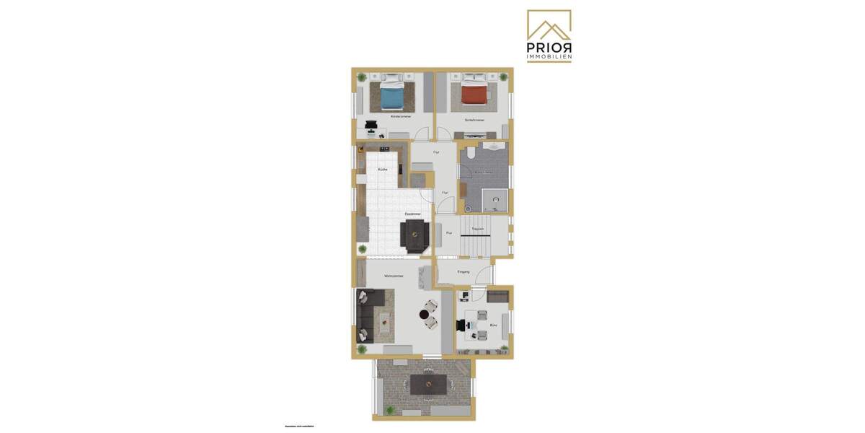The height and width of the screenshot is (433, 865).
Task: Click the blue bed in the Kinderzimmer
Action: (392, 95)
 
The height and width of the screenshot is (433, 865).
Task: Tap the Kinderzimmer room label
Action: (401, 116)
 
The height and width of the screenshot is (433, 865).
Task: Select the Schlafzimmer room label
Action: (474, 120)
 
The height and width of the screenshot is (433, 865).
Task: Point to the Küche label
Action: (382, 169)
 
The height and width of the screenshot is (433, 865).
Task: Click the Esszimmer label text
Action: (412, 214)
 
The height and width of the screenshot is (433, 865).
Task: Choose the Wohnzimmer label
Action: (394, 276)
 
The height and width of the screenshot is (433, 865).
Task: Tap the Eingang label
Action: (463, 271)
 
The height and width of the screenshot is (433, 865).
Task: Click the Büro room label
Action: (494, 325)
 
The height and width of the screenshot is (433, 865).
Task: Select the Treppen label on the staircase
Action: (477, 229)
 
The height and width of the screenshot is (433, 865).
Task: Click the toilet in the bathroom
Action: (470, 154)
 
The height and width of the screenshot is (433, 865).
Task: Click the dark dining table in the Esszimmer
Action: (416, 235)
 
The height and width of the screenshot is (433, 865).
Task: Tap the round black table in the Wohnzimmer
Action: (424, 314)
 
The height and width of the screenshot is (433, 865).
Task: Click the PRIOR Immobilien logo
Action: (549, 36)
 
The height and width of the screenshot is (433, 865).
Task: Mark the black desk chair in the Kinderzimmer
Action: (371, 128)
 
